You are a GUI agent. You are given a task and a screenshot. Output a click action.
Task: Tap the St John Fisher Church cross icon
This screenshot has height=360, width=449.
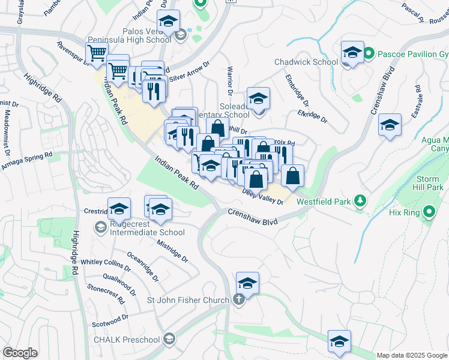click(x=239, y=300)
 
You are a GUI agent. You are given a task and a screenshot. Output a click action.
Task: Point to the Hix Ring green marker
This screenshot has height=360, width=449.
click(x=429, y=212)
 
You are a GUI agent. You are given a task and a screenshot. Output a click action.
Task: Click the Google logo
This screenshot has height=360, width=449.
click(x=20, y=352)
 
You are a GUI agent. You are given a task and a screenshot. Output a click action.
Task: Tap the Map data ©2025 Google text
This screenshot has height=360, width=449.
click(x=411, y=355)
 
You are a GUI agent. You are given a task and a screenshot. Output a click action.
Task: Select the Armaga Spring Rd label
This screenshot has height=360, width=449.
click(x=26, y=160)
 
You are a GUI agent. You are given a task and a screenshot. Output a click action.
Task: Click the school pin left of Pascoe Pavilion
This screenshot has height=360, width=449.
click(x=352, y=52)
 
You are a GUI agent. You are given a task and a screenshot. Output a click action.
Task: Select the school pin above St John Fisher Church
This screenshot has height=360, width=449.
click(x=247, y=282)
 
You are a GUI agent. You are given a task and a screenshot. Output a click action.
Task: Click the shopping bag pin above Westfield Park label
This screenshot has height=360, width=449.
click(x=292, y=175)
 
